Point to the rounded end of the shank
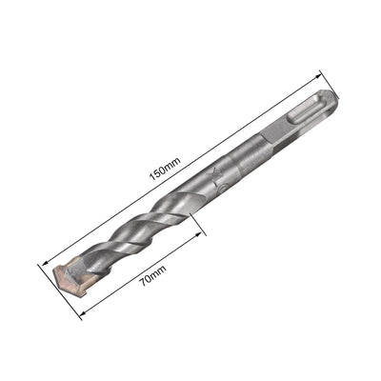330,97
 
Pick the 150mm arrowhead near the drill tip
45,259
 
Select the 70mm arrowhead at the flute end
203,234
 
